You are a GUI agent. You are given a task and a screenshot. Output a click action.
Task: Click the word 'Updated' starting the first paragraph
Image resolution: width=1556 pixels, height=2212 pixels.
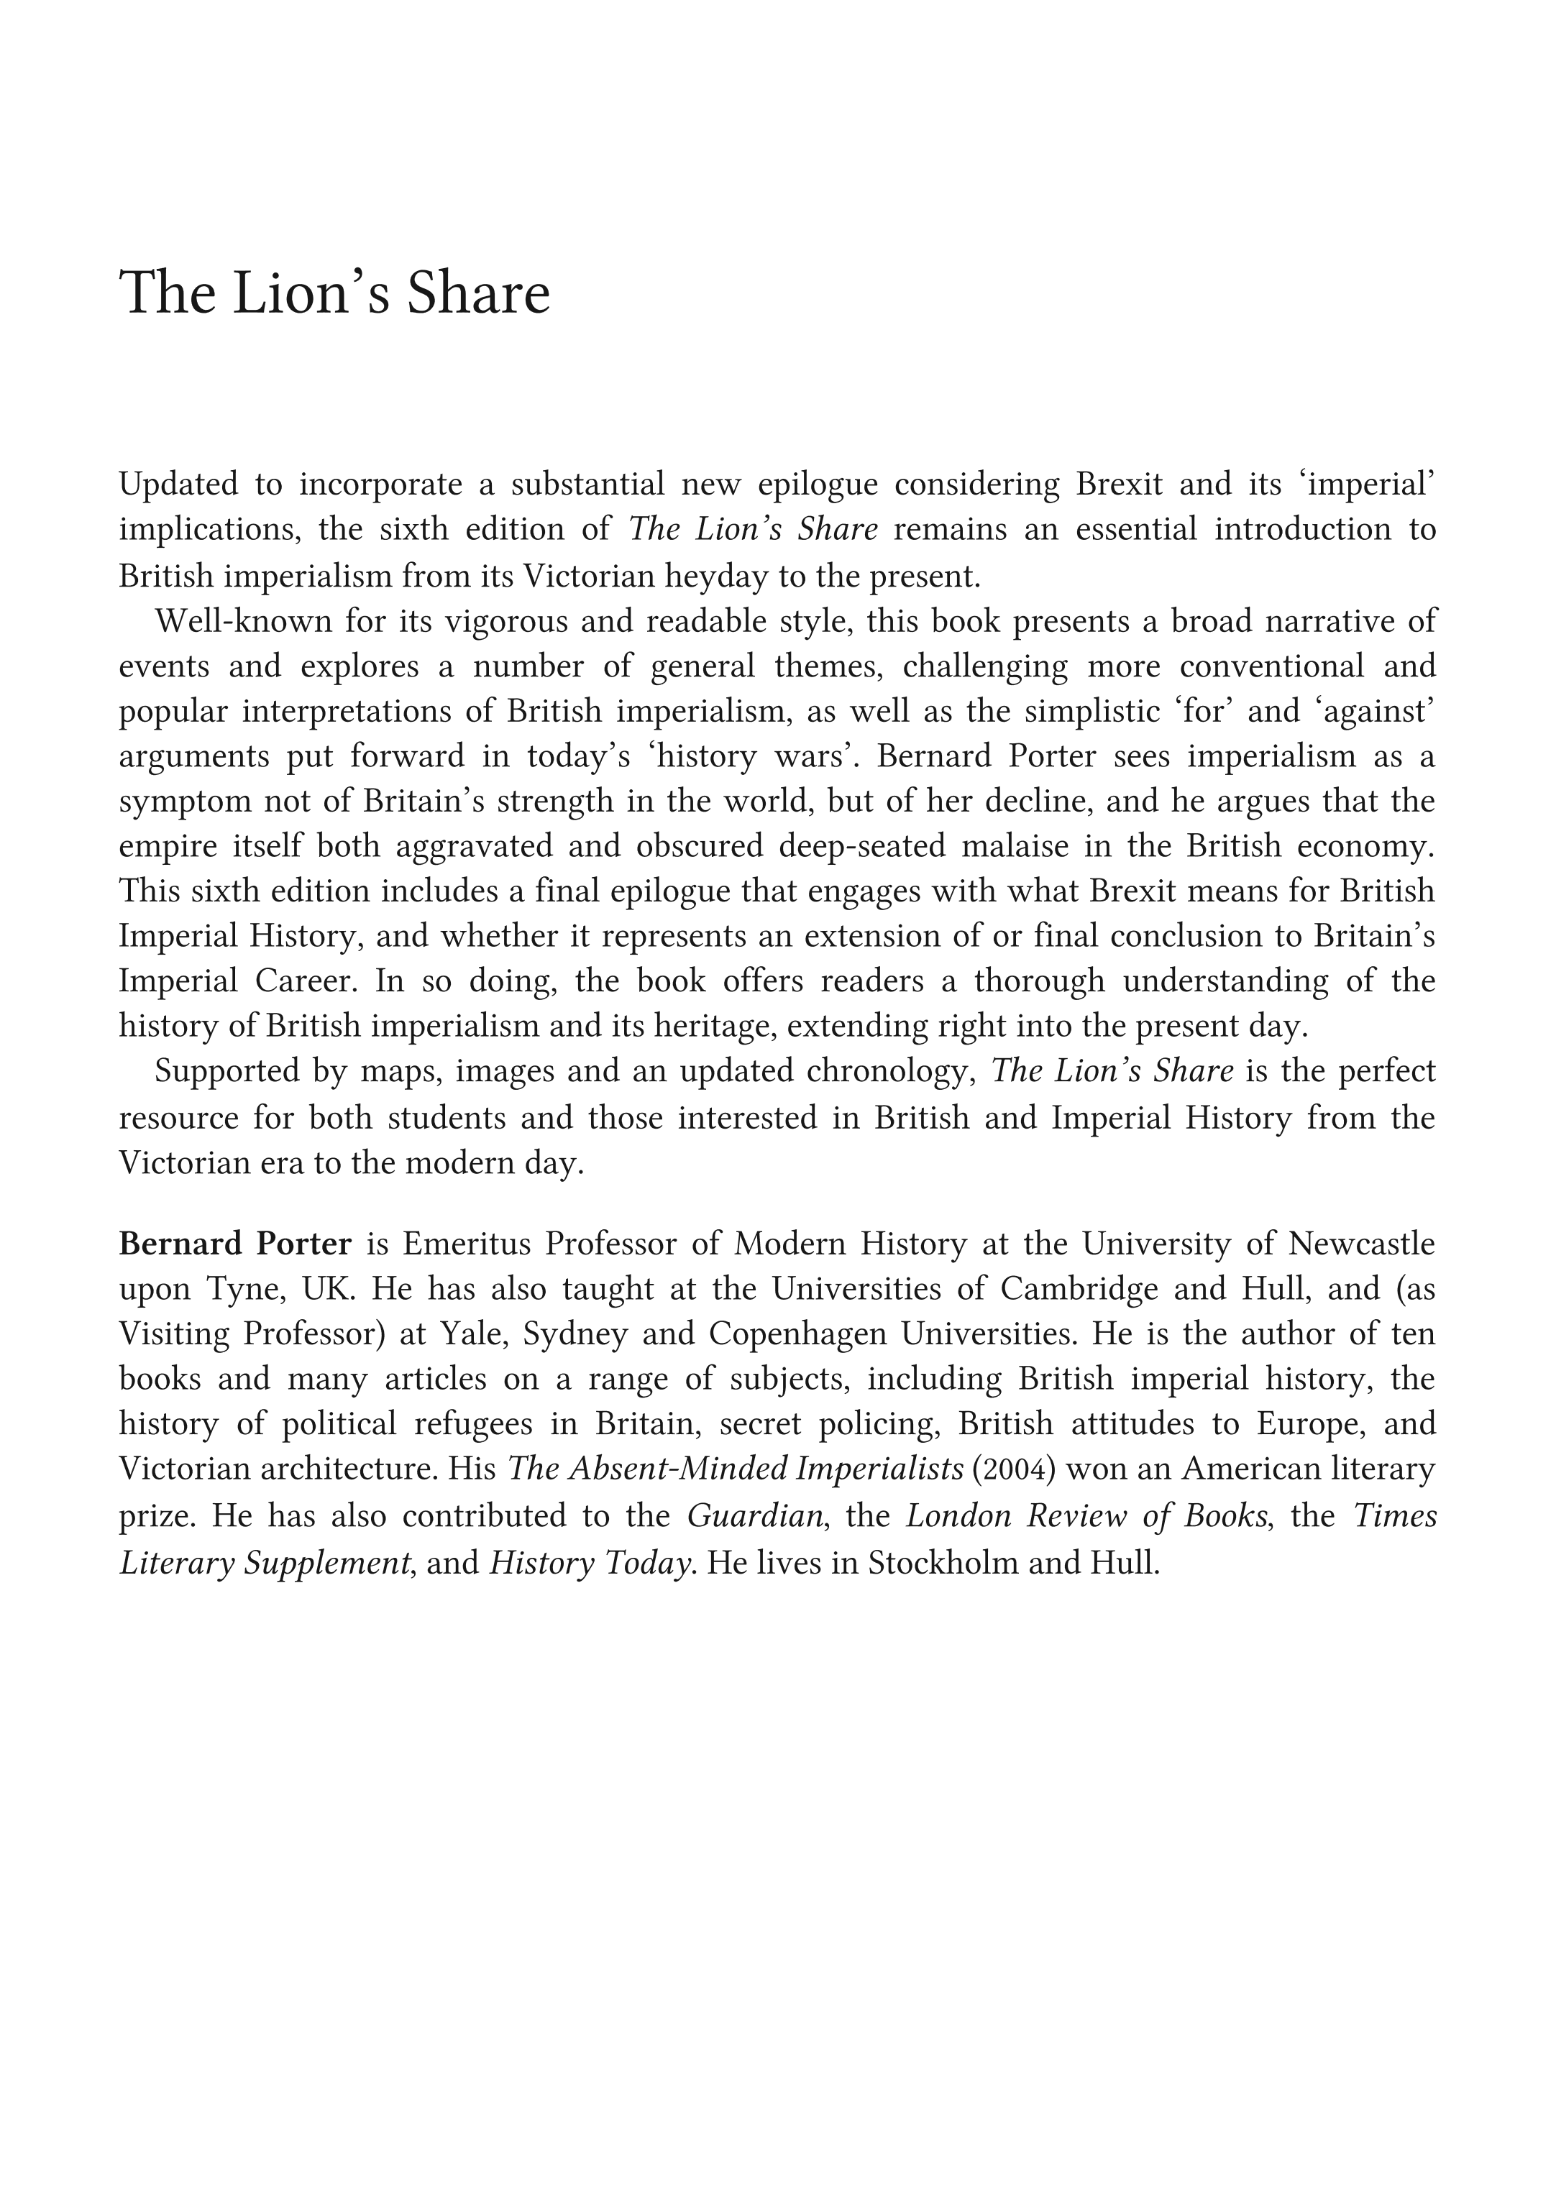[178, 484]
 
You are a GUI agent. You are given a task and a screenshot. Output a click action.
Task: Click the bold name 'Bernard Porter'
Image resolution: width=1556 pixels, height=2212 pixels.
[235, 1244]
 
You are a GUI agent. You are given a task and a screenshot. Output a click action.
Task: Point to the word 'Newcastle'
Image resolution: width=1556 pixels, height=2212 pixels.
[1361, 1244]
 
